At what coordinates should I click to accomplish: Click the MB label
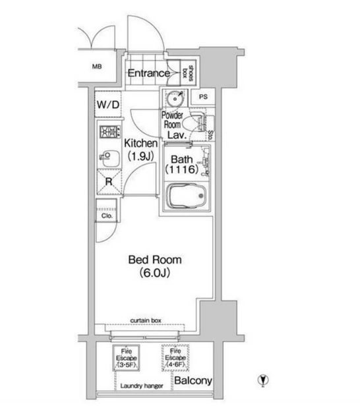click(97, 67)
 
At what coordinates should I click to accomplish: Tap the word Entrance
click(148, 73)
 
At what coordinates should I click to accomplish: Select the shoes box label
click(188, 73)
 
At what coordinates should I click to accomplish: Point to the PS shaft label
click(203, 97)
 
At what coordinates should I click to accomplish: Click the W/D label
click(108, 105)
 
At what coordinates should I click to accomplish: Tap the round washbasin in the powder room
click(175, 98)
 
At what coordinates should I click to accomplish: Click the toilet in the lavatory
click(193, 123)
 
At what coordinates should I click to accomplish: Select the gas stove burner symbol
click(110, 132)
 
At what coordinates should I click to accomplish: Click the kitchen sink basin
click(110, 158)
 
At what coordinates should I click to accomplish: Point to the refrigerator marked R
click(109, 182)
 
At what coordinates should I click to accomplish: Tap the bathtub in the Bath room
click(186, 196)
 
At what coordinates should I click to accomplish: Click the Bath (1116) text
click(182, 164)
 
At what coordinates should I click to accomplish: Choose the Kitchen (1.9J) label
click(141, 150)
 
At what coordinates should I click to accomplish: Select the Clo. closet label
click(107, 216)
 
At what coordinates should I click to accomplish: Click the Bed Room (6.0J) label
click(155, 266)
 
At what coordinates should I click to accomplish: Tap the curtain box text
click(146, 320)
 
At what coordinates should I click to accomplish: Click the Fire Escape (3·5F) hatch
click(126, 358)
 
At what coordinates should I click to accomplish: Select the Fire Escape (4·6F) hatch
click(175, 358)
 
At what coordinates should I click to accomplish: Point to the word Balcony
click(193, 381)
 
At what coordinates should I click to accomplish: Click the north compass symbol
click(263, 380)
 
